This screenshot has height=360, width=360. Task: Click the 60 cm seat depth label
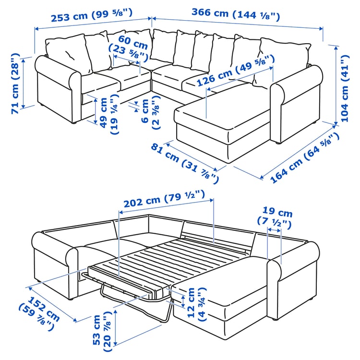pos(127,48)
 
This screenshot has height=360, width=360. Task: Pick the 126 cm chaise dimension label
pos(235,70)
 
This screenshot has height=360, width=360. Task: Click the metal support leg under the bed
pos(166,314)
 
